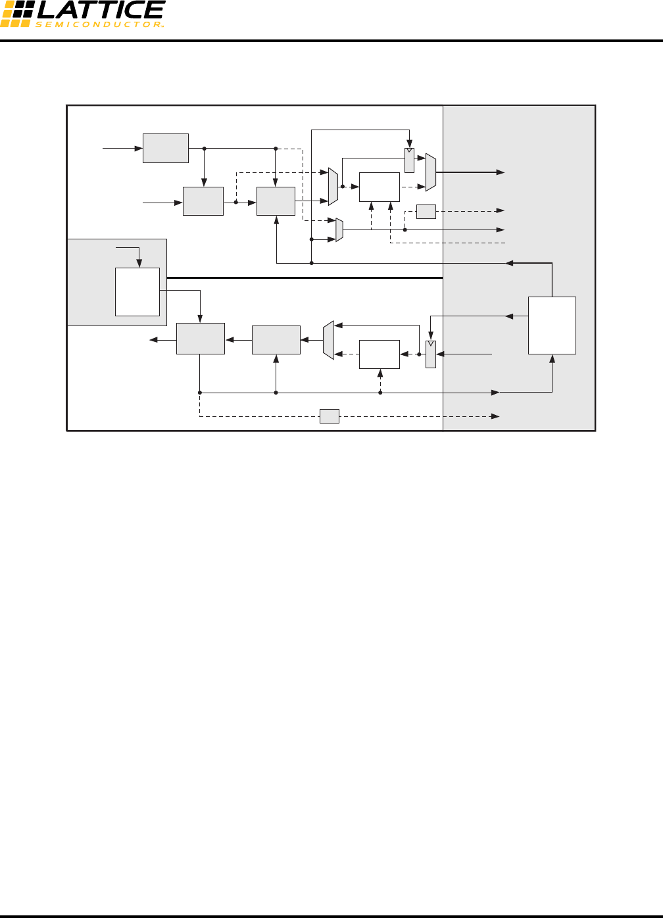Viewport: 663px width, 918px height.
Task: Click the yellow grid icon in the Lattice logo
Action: point(16,14)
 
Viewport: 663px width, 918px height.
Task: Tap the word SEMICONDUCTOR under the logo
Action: point(99,24)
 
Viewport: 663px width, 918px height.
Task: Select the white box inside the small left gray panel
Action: point(137,291)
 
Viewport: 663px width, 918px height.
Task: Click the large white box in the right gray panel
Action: point(552,325)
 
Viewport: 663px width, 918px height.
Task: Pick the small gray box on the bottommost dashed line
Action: point(330,416)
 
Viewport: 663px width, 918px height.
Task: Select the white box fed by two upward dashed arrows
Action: point(380,187)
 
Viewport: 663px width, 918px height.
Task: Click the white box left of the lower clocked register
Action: point(380,354)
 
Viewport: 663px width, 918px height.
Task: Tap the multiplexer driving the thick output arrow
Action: point(431,172)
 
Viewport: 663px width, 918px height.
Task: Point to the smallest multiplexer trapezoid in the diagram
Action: point(339,229)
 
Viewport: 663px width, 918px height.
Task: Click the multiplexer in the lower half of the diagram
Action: point(329,340)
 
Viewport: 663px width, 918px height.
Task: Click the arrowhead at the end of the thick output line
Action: point(501,172)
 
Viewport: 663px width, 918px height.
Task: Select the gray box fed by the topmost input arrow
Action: point(166,148)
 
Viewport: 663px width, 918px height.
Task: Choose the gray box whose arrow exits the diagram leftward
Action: point(201,339)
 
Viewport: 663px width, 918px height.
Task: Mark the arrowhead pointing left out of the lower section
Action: point(154,340)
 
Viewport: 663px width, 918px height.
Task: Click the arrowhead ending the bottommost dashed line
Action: point(495,416)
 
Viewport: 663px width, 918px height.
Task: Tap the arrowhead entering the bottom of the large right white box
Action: point(552,358)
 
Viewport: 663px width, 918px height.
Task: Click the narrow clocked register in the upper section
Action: point(409,160)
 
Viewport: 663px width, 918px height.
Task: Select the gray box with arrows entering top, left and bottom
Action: point(276,201)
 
